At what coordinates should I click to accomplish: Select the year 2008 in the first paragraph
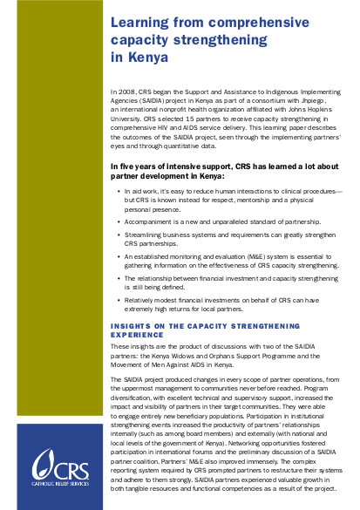[129, 90]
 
